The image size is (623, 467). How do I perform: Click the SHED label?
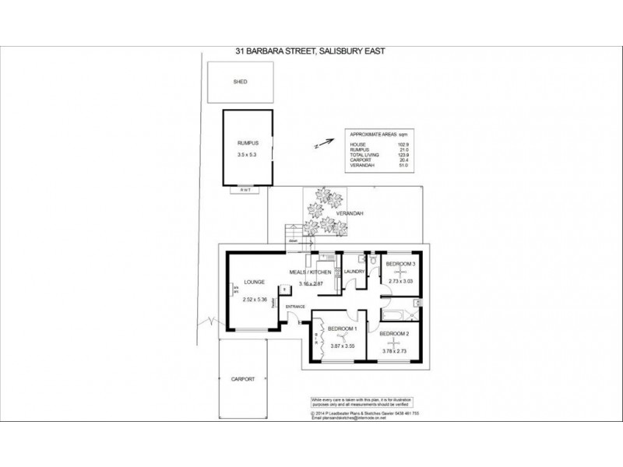[240, 81]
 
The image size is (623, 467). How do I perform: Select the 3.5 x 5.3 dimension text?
[247, 155]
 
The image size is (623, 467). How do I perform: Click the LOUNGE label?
[255, 282]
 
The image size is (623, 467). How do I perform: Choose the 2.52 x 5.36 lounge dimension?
[255, 300]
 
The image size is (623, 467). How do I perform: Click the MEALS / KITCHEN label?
[311, 272]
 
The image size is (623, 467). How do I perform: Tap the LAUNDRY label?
[355, 272]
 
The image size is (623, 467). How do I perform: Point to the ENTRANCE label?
[296, 307]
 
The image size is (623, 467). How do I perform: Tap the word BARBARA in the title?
[280, 52]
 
